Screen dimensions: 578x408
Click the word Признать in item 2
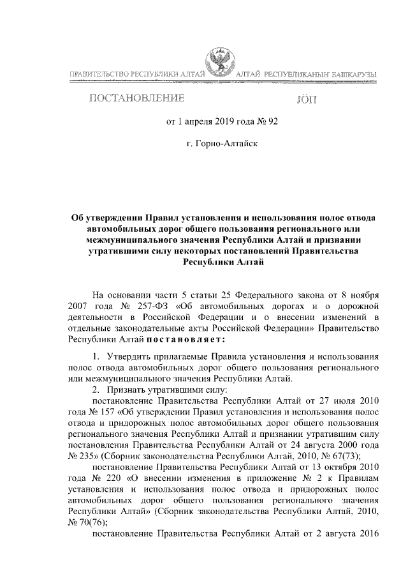129,388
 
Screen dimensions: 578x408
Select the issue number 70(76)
89,521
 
